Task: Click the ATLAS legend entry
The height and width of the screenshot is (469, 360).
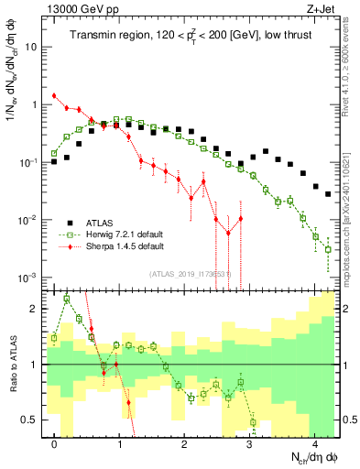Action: coord(101,222)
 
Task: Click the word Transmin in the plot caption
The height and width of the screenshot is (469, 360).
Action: coord(94,36)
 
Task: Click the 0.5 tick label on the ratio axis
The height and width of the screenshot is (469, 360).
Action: coord(29,420)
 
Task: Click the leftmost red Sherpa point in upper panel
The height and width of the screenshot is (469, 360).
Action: coord(55,95)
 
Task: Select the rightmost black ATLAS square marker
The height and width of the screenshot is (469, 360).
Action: coord(328,193)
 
